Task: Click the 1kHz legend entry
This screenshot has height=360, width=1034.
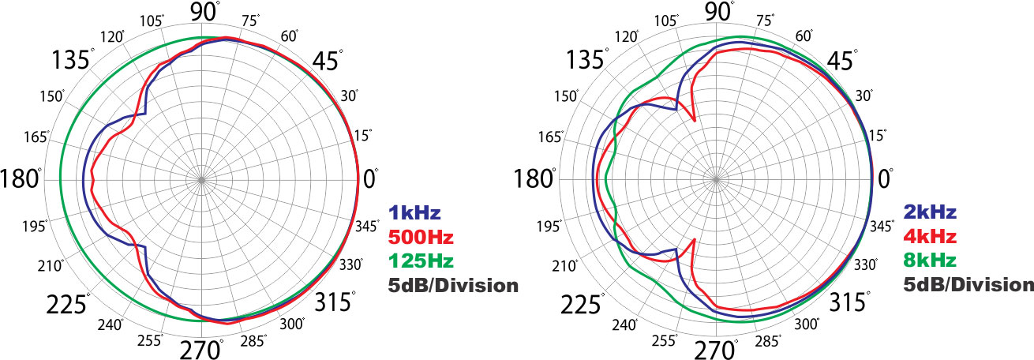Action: click(x=414, y=212)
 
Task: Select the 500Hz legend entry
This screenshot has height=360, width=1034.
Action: click(x=421, y=236)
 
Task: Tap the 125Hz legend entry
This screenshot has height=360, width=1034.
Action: click(x=421, y=260)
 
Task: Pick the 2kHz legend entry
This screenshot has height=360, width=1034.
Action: click(x=930, y=212)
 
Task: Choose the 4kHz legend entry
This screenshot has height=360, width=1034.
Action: click(x=930, y=236)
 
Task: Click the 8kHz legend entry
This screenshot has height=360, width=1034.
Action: click(x=930, y=260)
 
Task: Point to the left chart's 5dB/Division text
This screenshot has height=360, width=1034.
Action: click(x=452, y=284)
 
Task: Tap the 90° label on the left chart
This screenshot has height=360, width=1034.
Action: click(x=205, y=13)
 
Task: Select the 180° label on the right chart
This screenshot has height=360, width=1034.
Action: click(x=531, y=179)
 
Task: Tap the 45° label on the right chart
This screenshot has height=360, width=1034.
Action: click(x=844, y=61)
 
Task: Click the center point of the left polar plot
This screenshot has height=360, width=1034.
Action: click(x=201, y=179)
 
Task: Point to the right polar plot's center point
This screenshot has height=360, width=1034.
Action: click(x=717, y=179)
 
